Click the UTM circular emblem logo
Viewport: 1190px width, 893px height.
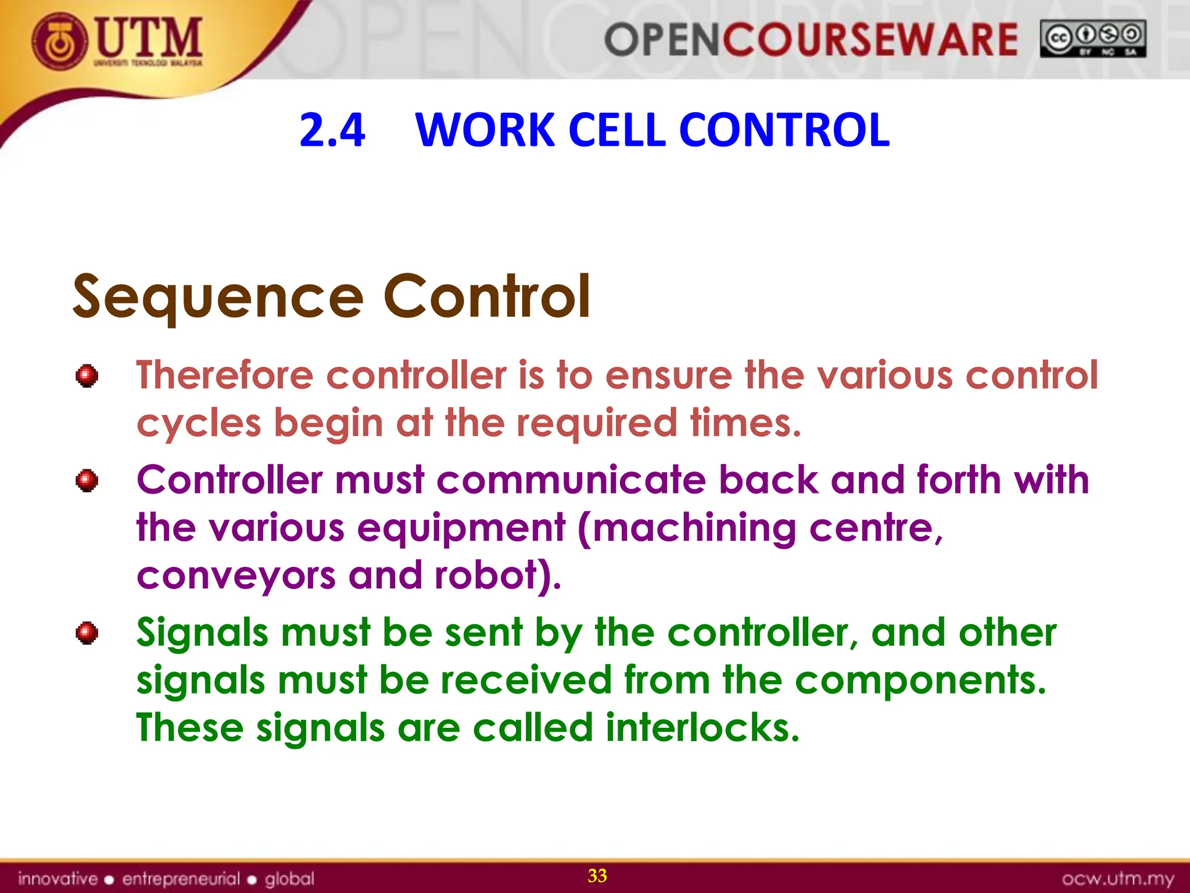coord(60,42)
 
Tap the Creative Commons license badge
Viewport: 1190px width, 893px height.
coord(1093,39)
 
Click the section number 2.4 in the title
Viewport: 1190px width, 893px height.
coord(332,130)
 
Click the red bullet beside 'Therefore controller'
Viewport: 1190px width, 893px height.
coord(87,376)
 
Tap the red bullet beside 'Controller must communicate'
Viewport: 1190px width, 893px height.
coord(87,481)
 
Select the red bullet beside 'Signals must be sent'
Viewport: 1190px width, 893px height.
coord(87,633)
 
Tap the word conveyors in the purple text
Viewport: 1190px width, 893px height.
coord(236,576)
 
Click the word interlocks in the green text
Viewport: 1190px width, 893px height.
coord(702,728)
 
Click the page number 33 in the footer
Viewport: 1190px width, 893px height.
coord(597,876)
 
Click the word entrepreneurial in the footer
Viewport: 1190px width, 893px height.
coord(181,878)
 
